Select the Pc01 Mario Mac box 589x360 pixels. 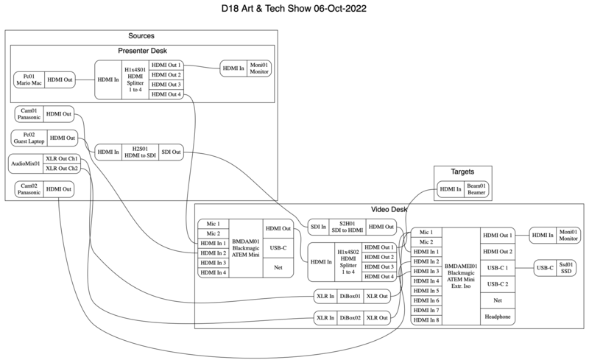point(29,80)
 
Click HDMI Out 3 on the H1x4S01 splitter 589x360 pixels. point(165,85)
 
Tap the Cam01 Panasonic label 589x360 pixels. point(29,114)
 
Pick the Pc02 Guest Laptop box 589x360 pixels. point(29,138)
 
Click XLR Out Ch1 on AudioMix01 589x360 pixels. point(61,158)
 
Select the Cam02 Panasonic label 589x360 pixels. point(29,190)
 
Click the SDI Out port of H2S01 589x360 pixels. point(171,152)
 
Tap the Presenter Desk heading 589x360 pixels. point(141,50)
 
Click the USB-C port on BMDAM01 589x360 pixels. point(277,248)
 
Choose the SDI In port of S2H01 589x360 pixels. point(318,226)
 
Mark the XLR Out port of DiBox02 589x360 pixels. point(377,318)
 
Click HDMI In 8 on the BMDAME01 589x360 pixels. point(426,320)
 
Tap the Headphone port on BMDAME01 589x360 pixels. point(496,317)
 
